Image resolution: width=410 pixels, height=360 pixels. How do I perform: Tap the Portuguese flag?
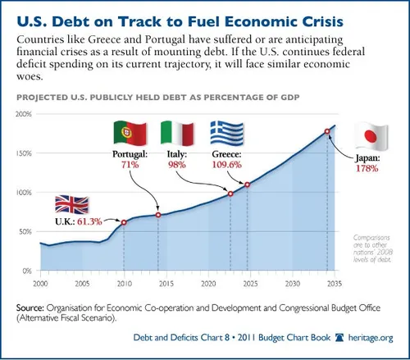(x=130, y=133)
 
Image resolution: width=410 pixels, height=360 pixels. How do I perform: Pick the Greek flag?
(x=225, y=133)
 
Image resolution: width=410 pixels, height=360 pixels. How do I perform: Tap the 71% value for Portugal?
(x=129, y=165)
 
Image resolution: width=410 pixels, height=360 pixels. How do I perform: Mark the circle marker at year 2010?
(x=124, y=222)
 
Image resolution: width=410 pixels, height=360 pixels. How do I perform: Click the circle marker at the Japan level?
(x=327, y=131)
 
